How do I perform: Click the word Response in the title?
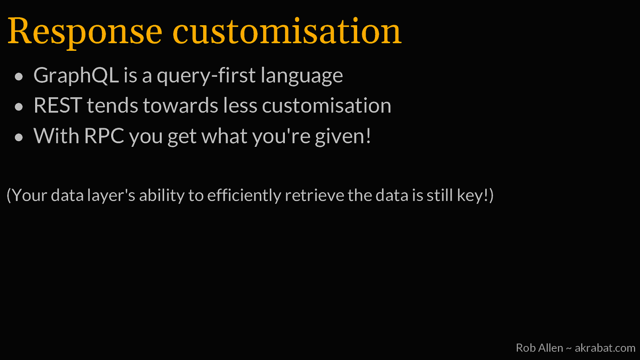[x=85, y=32]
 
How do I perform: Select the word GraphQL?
[x=76, y=76]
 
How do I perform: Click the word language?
[x=302, y=76]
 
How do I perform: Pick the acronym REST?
[x=58, y=106]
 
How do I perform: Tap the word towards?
[x=181, y=106]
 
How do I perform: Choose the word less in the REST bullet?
[x=240, y=106]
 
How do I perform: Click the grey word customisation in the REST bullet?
[x=326, y=106]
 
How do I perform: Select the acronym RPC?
[x=104, y=136]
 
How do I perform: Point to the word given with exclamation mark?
[x=343, y=136]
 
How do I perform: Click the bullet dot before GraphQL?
[x=19, y=76]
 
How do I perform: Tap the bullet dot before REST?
[x=19, y=107]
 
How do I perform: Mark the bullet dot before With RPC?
[x=19, y=137]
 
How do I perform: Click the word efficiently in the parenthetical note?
[x=244, y=196]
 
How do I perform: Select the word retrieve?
[x=314, y=196]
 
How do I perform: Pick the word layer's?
[x=111, y=196]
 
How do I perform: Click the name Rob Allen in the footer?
[x=540, y=348]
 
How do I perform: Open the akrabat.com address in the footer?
[x=605, y=348]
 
